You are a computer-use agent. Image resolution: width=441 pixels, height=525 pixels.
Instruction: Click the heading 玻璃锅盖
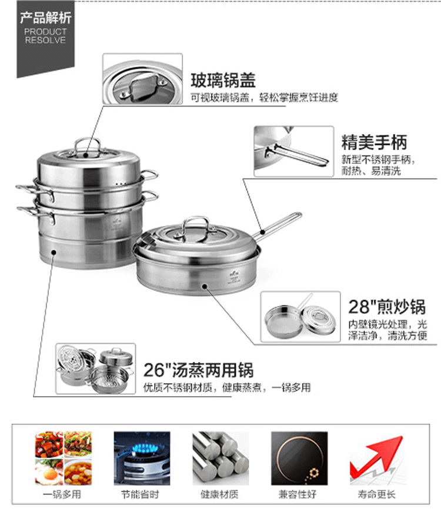[223, 80]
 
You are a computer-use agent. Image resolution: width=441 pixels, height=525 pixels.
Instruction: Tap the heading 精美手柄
[374, 142]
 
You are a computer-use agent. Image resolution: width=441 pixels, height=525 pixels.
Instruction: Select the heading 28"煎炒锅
[387, 307]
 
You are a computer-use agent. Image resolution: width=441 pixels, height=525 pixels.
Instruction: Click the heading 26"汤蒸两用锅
[199, 371]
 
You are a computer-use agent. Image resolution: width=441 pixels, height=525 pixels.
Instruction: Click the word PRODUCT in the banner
[45, 32]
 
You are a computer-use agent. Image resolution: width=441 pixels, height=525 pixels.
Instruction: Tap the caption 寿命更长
[376, 495]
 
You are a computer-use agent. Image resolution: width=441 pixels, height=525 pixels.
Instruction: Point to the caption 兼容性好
[299, 495]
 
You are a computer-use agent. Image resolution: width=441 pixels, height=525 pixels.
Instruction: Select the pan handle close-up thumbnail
[293, 151]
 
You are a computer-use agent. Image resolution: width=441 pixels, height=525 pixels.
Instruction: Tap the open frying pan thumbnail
[300, 317]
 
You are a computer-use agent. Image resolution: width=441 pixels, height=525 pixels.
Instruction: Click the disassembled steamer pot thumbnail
[96, 369]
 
